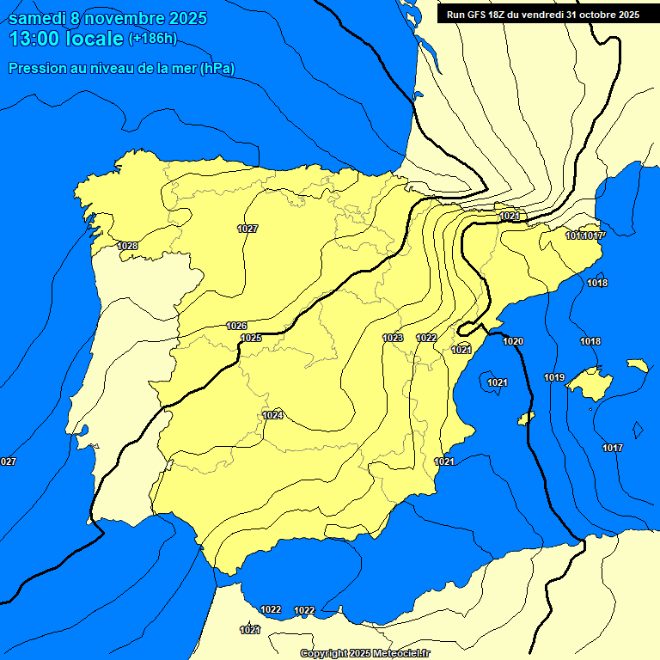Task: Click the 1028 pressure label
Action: (127, 246)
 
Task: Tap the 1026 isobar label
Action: (236, 326)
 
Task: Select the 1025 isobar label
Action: (251, 338)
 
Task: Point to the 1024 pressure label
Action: (272, 415)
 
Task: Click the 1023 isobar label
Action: (393, 338)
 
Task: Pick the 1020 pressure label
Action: (513, 341)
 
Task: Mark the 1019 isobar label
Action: (553, 377)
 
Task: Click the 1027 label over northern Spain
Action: (247, 229)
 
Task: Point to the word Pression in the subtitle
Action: (35, 68)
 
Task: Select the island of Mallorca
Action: (591, 379)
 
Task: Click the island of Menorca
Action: (637, 365)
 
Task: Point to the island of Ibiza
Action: (526, 418)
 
